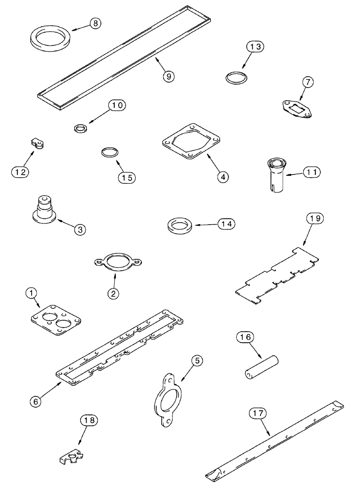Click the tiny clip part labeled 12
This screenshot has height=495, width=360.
37,144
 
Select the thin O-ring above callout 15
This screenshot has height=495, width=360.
109,151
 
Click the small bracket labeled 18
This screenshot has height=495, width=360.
70,451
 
